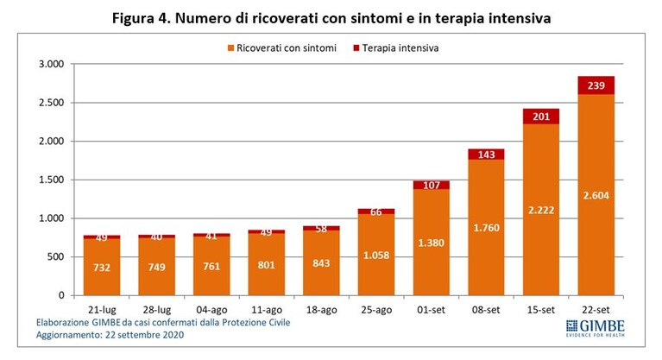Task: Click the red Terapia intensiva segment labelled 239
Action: [596, 85]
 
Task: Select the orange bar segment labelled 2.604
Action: [596, 195]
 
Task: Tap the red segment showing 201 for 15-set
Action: [541, 117]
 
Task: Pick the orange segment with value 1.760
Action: [486, 227]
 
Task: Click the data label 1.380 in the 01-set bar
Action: [431, 243]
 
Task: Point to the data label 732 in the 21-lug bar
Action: [102, 268]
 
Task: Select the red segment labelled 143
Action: [486, 155]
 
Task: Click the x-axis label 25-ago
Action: [376, 310]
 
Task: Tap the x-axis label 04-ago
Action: [211, 310]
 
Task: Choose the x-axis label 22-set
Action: [596, 310]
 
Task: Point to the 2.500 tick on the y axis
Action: [52, 103]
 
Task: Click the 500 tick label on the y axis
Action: [56, 257]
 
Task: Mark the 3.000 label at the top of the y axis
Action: [52, 64]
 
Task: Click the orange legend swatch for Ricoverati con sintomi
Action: [230, 48]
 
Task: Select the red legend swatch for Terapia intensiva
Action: [356, 48]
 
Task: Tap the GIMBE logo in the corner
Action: [596, 328]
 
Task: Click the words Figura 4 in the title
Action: [141, 19]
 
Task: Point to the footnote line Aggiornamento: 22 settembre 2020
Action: [110, 335]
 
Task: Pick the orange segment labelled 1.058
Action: [376, 255]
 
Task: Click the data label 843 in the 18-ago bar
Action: [321, 263]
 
